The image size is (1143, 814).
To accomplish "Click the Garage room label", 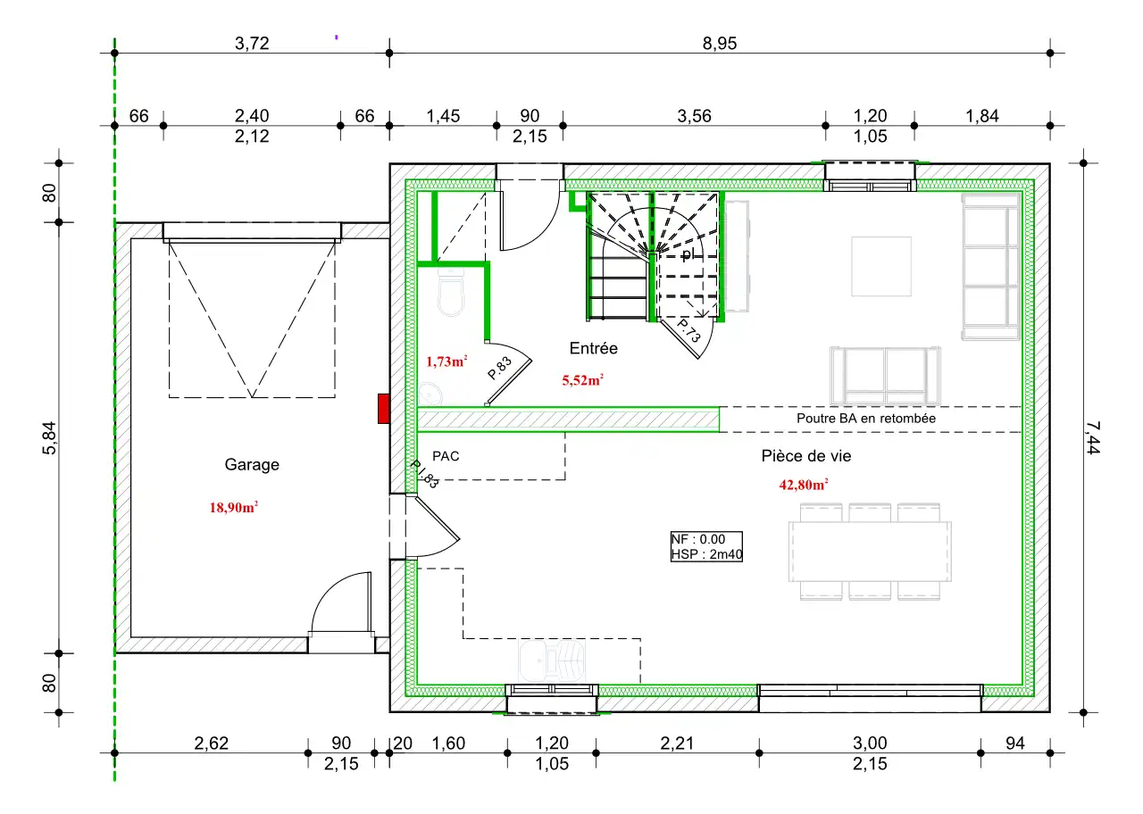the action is pos(252,465).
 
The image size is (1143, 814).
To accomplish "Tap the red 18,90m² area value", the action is pos(234,508).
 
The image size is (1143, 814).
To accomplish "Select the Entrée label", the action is pos(594,348).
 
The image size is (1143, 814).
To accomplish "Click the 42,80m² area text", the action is pos(803,485).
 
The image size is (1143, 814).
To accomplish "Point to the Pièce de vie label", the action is pos(806,456).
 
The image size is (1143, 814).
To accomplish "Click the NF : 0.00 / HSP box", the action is pos(706,547).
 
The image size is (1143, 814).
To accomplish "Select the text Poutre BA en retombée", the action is pos(866,419).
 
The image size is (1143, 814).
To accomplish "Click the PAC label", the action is pos(446,456).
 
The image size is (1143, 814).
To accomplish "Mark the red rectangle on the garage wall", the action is pos(384,409).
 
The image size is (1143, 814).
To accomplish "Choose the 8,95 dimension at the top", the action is pos(720,44).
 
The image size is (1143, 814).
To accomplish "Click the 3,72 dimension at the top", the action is pos(252,44).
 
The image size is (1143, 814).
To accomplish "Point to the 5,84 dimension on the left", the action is pos(49,437).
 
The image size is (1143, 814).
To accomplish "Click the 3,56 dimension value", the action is pos(694,116).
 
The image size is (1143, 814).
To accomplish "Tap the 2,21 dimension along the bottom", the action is pos(677,743).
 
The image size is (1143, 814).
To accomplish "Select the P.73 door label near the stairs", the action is pos(689,330).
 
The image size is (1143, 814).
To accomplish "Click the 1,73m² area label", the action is pos(446,361).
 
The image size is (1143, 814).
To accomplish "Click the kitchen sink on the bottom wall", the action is pos(552,661).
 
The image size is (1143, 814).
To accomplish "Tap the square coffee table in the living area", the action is pos(881,266).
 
